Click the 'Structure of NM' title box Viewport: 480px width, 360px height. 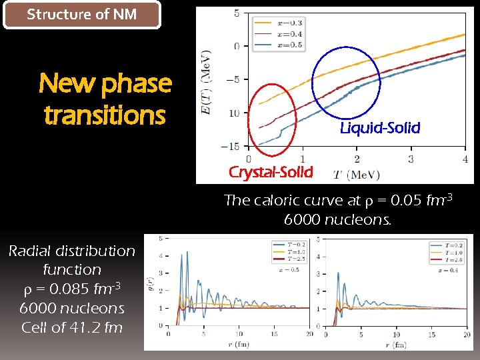82,15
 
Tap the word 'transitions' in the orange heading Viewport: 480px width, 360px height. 105,115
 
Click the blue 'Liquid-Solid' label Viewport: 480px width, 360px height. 380,128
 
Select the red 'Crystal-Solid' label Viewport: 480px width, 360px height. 271,172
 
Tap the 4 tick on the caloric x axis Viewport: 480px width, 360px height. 465,159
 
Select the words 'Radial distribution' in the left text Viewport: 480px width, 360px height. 72,251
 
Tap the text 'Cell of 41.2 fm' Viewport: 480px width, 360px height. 72,327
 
